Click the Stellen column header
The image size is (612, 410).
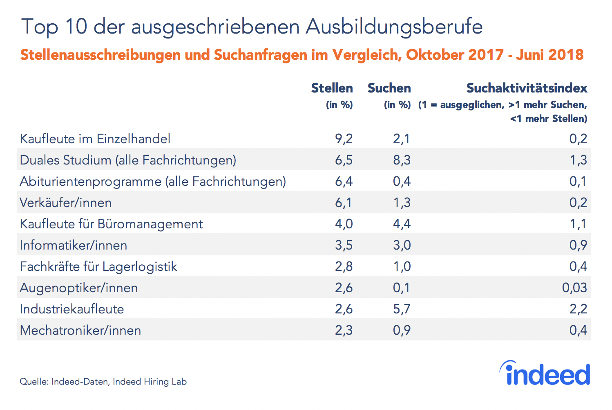332,88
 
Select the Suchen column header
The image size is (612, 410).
389,88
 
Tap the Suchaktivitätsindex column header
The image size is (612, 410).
527,88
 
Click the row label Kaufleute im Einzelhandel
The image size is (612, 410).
95,139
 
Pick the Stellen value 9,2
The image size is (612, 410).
344,139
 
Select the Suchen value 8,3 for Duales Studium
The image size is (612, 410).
402,160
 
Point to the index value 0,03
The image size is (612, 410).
574,288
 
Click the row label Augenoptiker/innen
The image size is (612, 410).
79,288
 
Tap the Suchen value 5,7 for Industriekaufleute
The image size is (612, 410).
402,309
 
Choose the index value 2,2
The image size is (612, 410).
578,309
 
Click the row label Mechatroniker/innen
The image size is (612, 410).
80,330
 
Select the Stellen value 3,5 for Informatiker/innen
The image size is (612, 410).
344,245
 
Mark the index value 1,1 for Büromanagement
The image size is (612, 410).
578,224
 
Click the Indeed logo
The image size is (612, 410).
545,373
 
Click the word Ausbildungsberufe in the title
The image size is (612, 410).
394,27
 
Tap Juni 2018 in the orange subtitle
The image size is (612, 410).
549,55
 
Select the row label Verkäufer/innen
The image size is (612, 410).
66,203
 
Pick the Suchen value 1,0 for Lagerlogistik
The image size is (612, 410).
402,266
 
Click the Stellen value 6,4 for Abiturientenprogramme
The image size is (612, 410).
344,181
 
